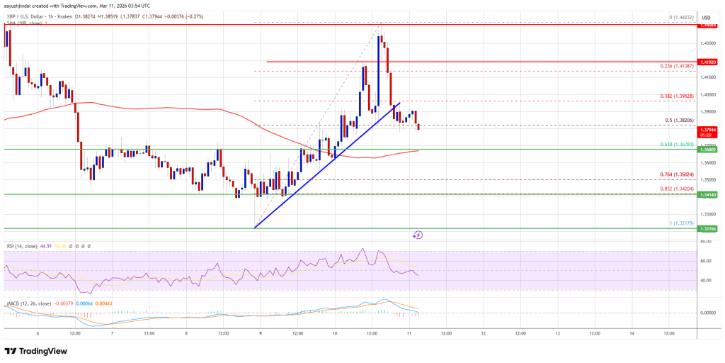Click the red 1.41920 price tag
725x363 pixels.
coord(707,62)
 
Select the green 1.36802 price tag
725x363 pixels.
coord(707,150)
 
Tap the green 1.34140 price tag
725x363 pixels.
coord(707,194)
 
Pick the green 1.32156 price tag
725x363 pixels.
coord(707,229)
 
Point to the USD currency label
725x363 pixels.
coord(707,16)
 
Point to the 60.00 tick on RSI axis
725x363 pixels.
coord(706,261)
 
